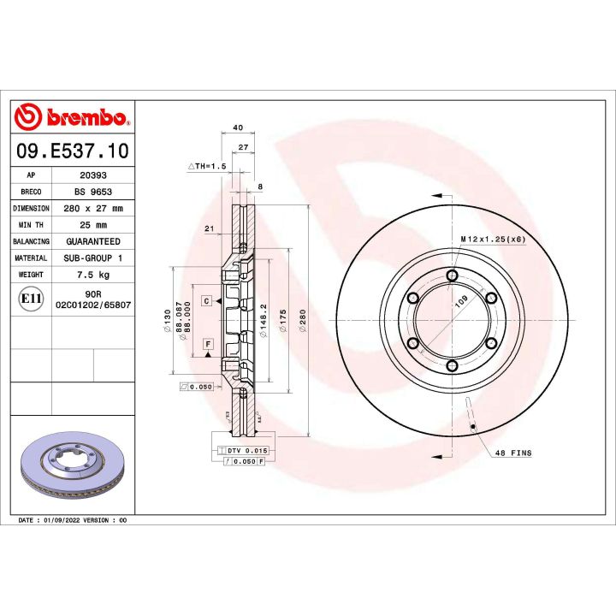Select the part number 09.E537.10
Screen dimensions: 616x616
73,152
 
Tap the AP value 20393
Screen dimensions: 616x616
92,175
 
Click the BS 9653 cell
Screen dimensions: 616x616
92,192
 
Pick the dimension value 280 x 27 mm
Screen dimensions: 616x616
92,208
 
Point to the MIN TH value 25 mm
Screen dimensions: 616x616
92,224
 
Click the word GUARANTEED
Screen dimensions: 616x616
92,241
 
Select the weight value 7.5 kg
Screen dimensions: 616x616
92,275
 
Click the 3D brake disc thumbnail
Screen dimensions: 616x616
73,469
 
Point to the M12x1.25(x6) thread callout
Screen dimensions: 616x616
493,239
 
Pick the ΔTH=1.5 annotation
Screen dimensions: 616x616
206,166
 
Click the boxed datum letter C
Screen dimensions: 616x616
207,301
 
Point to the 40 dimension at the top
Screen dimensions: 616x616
238,127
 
